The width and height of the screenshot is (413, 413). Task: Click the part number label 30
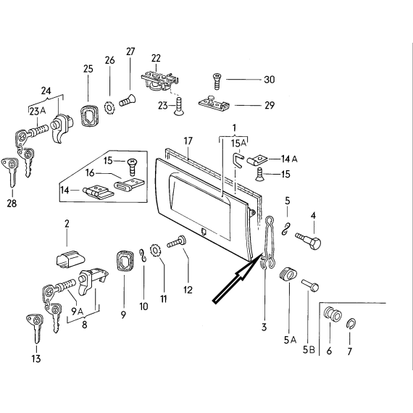pos(270,80)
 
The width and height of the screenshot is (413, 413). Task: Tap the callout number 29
pos(270,105)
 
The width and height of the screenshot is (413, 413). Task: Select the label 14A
pos(289,159)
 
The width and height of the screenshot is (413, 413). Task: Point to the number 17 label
pos(188,141)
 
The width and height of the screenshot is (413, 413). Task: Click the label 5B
pos(309,350)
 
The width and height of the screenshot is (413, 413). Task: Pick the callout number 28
pos(12,204)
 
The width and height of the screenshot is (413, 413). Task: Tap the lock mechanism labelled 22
pos(159,79)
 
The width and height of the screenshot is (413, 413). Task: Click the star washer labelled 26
pos(109,108)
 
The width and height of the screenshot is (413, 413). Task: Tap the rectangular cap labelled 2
pos(70,259)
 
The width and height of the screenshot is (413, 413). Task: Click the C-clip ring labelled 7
pos(351,324)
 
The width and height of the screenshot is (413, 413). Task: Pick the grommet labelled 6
pos(333,314)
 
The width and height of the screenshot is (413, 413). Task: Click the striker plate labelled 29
pos(214,103)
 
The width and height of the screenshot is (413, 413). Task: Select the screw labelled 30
pos(217,82)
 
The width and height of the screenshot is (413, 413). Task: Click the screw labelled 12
pos(177,241)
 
